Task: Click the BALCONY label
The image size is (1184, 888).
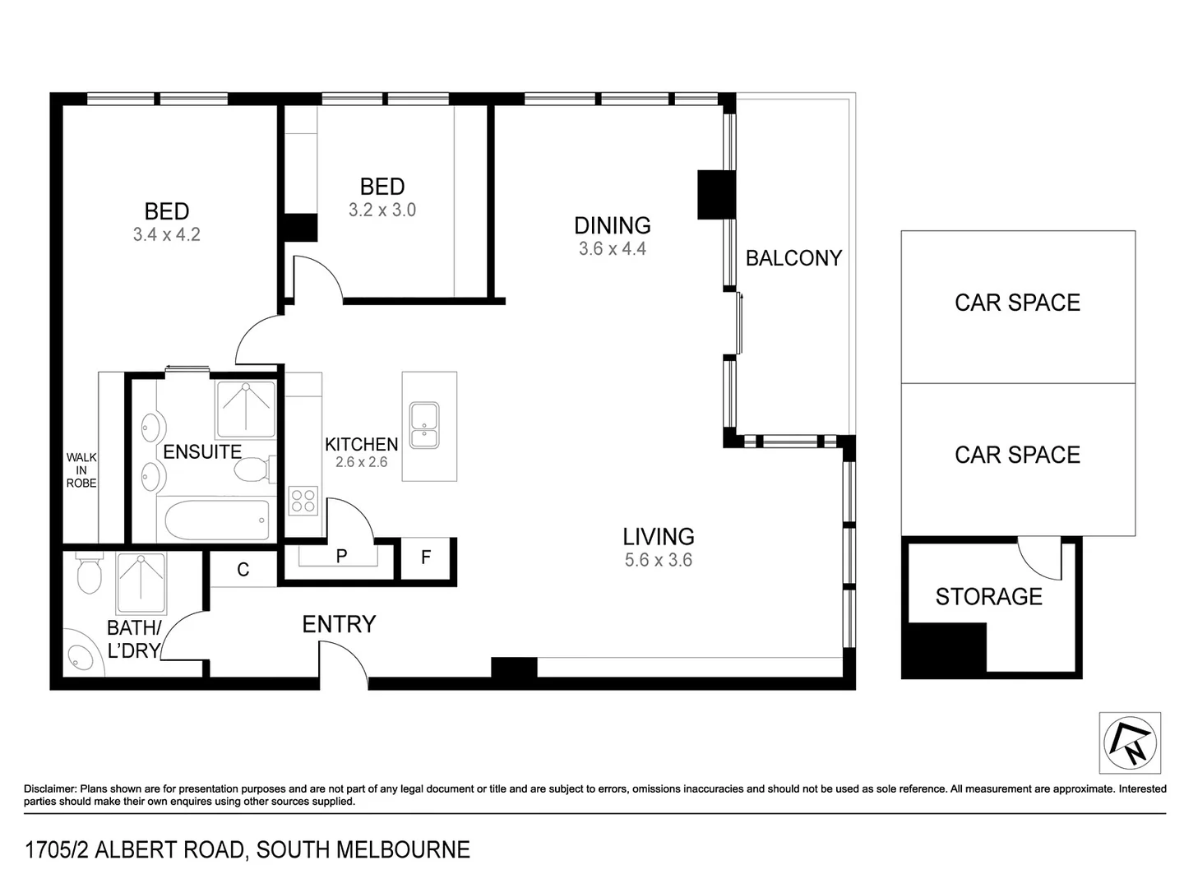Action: coord(793,258)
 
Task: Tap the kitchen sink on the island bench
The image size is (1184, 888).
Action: coord(424,425)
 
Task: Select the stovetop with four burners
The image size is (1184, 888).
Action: coord(303,501)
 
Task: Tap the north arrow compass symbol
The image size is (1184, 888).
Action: coord(1130,742)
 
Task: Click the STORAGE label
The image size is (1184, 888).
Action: coord(988,596)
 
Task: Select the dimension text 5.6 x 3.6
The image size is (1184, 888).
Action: coord(658,560)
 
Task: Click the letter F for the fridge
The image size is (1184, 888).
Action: coord(426,557)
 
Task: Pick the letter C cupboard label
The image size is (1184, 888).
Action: coord(243,570)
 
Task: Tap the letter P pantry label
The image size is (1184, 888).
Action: coord(341,557)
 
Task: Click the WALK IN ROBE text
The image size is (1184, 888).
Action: coord(81,470)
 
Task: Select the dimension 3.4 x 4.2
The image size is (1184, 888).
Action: coord(166,234)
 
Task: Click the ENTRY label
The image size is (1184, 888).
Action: coord(339,624)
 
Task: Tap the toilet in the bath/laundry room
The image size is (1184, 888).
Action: coord(89,575)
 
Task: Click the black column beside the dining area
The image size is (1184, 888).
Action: coord(715,194)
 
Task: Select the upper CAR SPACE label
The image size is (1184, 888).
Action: coord(1017,303)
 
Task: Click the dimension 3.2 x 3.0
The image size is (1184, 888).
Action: coord(382,210)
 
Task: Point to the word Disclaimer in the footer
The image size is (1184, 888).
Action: coord(50,789)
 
